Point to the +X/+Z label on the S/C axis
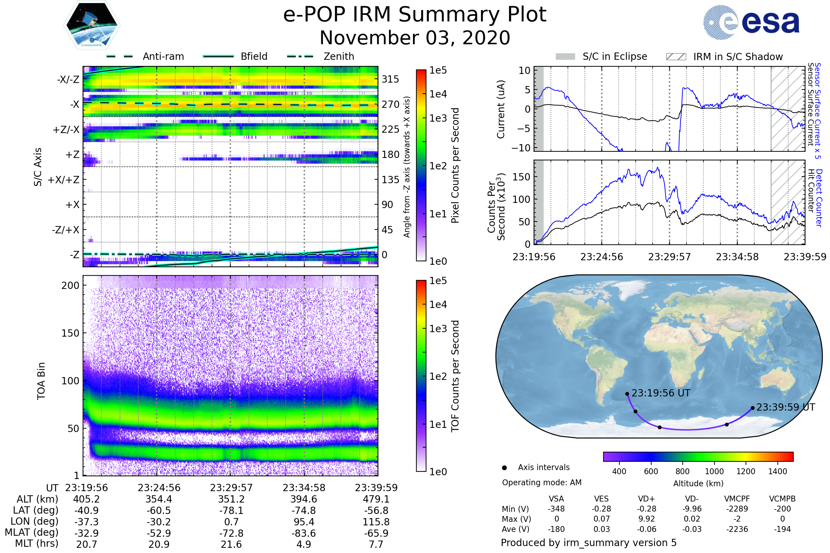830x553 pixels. [x=64, y=180]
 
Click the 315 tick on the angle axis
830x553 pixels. [x=390, y=79]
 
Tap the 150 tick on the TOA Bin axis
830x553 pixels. [x=70, y=333]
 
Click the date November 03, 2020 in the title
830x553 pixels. [x=415, y=38]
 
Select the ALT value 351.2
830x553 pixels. [x=231, y=499]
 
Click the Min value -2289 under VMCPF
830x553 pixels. [x=737, y=509]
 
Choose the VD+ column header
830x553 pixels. [x=646, y=499]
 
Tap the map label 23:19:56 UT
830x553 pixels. [x=661, y=393]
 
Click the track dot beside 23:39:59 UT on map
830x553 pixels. [x=753, y=408]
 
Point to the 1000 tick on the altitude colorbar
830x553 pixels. [x=714, y=471]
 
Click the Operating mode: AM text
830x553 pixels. [x=542, y=482]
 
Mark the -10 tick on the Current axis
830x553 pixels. [x=521, y=148]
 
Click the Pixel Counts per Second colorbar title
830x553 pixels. [x=455, y=166]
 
